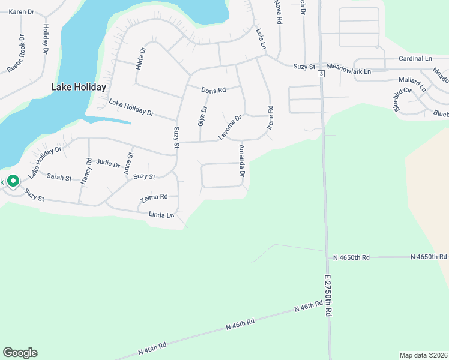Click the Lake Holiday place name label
[79, 87]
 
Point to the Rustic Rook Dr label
[16, 53]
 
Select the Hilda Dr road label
[140, 59]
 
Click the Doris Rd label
[213, 90]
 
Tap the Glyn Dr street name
[202, 115]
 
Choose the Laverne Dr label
[229, 127]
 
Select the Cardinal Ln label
[415, 58]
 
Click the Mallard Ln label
[412, 83]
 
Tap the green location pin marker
[13, 181]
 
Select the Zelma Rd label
[154, 197]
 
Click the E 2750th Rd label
[328, 296]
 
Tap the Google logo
[20, 353]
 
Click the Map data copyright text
[423, 355]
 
